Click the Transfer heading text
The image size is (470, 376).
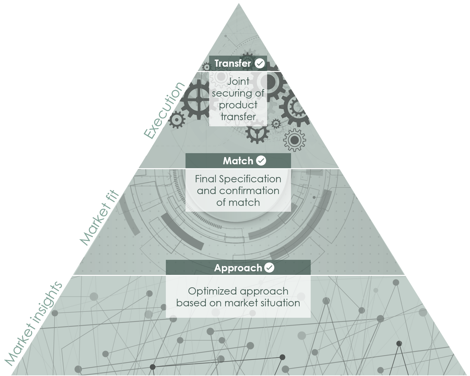[232, 63]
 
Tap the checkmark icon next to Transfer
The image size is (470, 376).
[260, 63]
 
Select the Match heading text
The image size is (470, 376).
[238, 161]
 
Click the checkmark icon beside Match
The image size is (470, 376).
[261, 161]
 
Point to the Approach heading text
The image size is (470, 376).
[238, 268]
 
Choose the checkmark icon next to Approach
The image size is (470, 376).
[269, 268]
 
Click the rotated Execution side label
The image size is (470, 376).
[165, 110]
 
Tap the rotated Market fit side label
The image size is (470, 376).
[99, 217]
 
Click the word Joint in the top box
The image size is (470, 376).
[238, 81]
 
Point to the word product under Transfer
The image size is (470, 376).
[238, 105]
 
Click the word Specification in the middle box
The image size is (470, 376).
[250, 179]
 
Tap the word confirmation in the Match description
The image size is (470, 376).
[249, 191]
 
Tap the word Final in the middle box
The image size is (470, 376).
[206, 179]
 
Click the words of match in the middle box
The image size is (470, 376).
[238, 203]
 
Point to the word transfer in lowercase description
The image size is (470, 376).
[238, 116]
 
